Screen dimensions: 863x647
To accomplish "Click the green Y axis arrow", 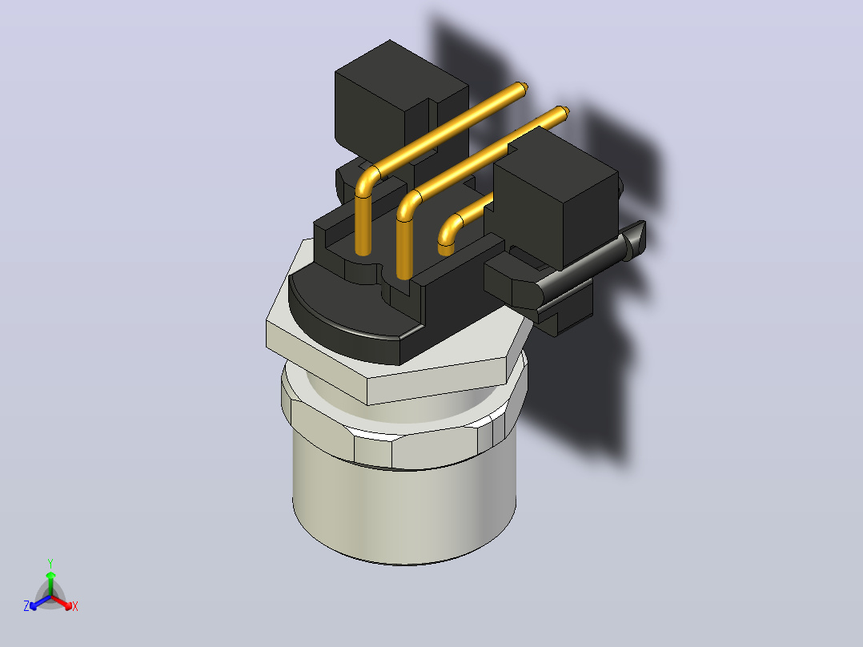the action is (50, 583).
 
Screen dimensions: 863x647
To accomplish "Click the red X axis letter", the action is (75, 606).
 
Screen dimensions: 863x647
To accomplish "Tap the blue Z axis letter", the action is (26, 606).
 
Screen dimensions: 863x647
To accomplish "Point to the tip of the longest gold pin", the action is (524, 87).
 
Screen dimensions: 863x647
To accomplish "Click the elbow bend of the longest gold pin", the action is (367, 179).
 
